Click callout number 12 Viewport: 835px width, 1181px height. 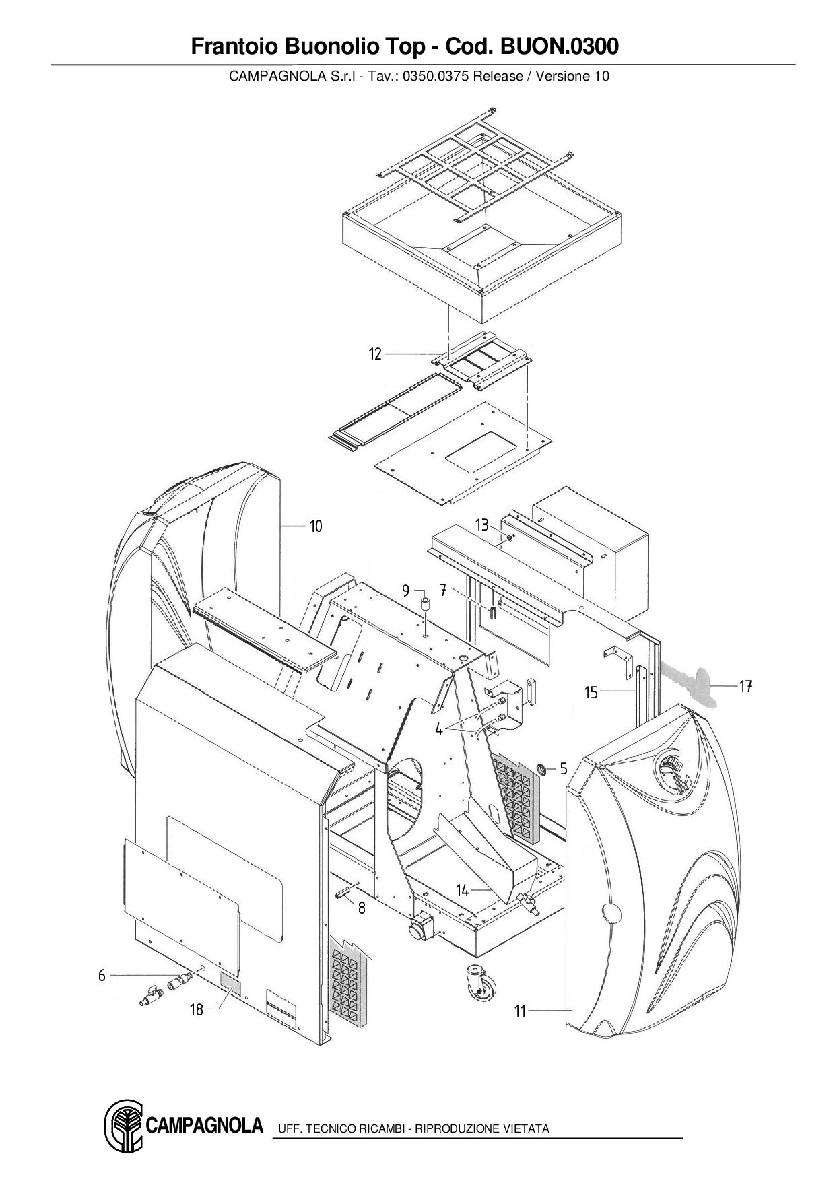pos(375,354)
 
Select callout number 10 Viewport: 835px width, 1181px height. pos(316,526)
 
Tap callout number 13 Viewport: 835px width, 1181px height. pos(481,525)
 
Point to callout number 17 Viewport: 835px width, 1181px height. pos(745,687)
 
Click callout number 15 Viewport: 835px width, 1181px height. pos(591,692)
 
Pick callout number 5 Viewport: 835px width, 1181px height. pos(564,768)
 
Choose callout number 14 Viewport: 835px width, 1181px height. pos(462,891)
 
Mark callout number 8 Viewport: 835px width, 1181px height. pos(362,908)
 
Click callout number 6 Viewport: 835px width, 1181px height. pos(102,975)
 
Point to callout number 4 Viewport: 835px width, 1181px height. pos(438,729)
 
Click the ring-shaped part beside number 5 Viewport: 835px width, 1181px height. pos(541,768)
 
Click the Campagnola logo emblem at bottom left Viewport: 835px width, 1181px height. pos(123,1126)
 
